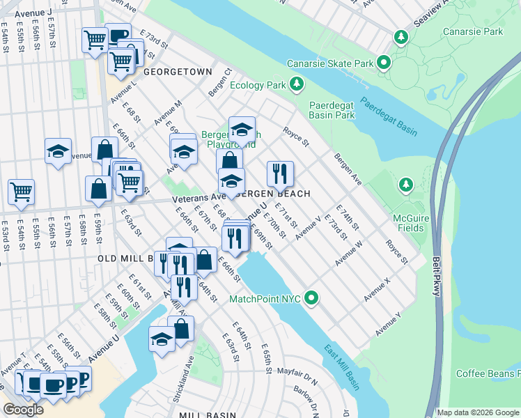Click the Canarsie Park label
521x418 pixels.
pyautogui.click(x=473, y=31)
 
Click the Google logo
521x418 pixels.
pyautogui.click(x=23, y=410)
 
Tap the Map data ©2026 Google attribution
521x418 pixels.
pyautogui.click(x=478, y=412)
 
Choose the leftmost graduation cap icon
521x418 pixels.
pyautogui.click(x=59, y=150)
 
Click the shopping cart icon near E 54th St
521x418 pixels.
pyautogui.click(x=22, y=191)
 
